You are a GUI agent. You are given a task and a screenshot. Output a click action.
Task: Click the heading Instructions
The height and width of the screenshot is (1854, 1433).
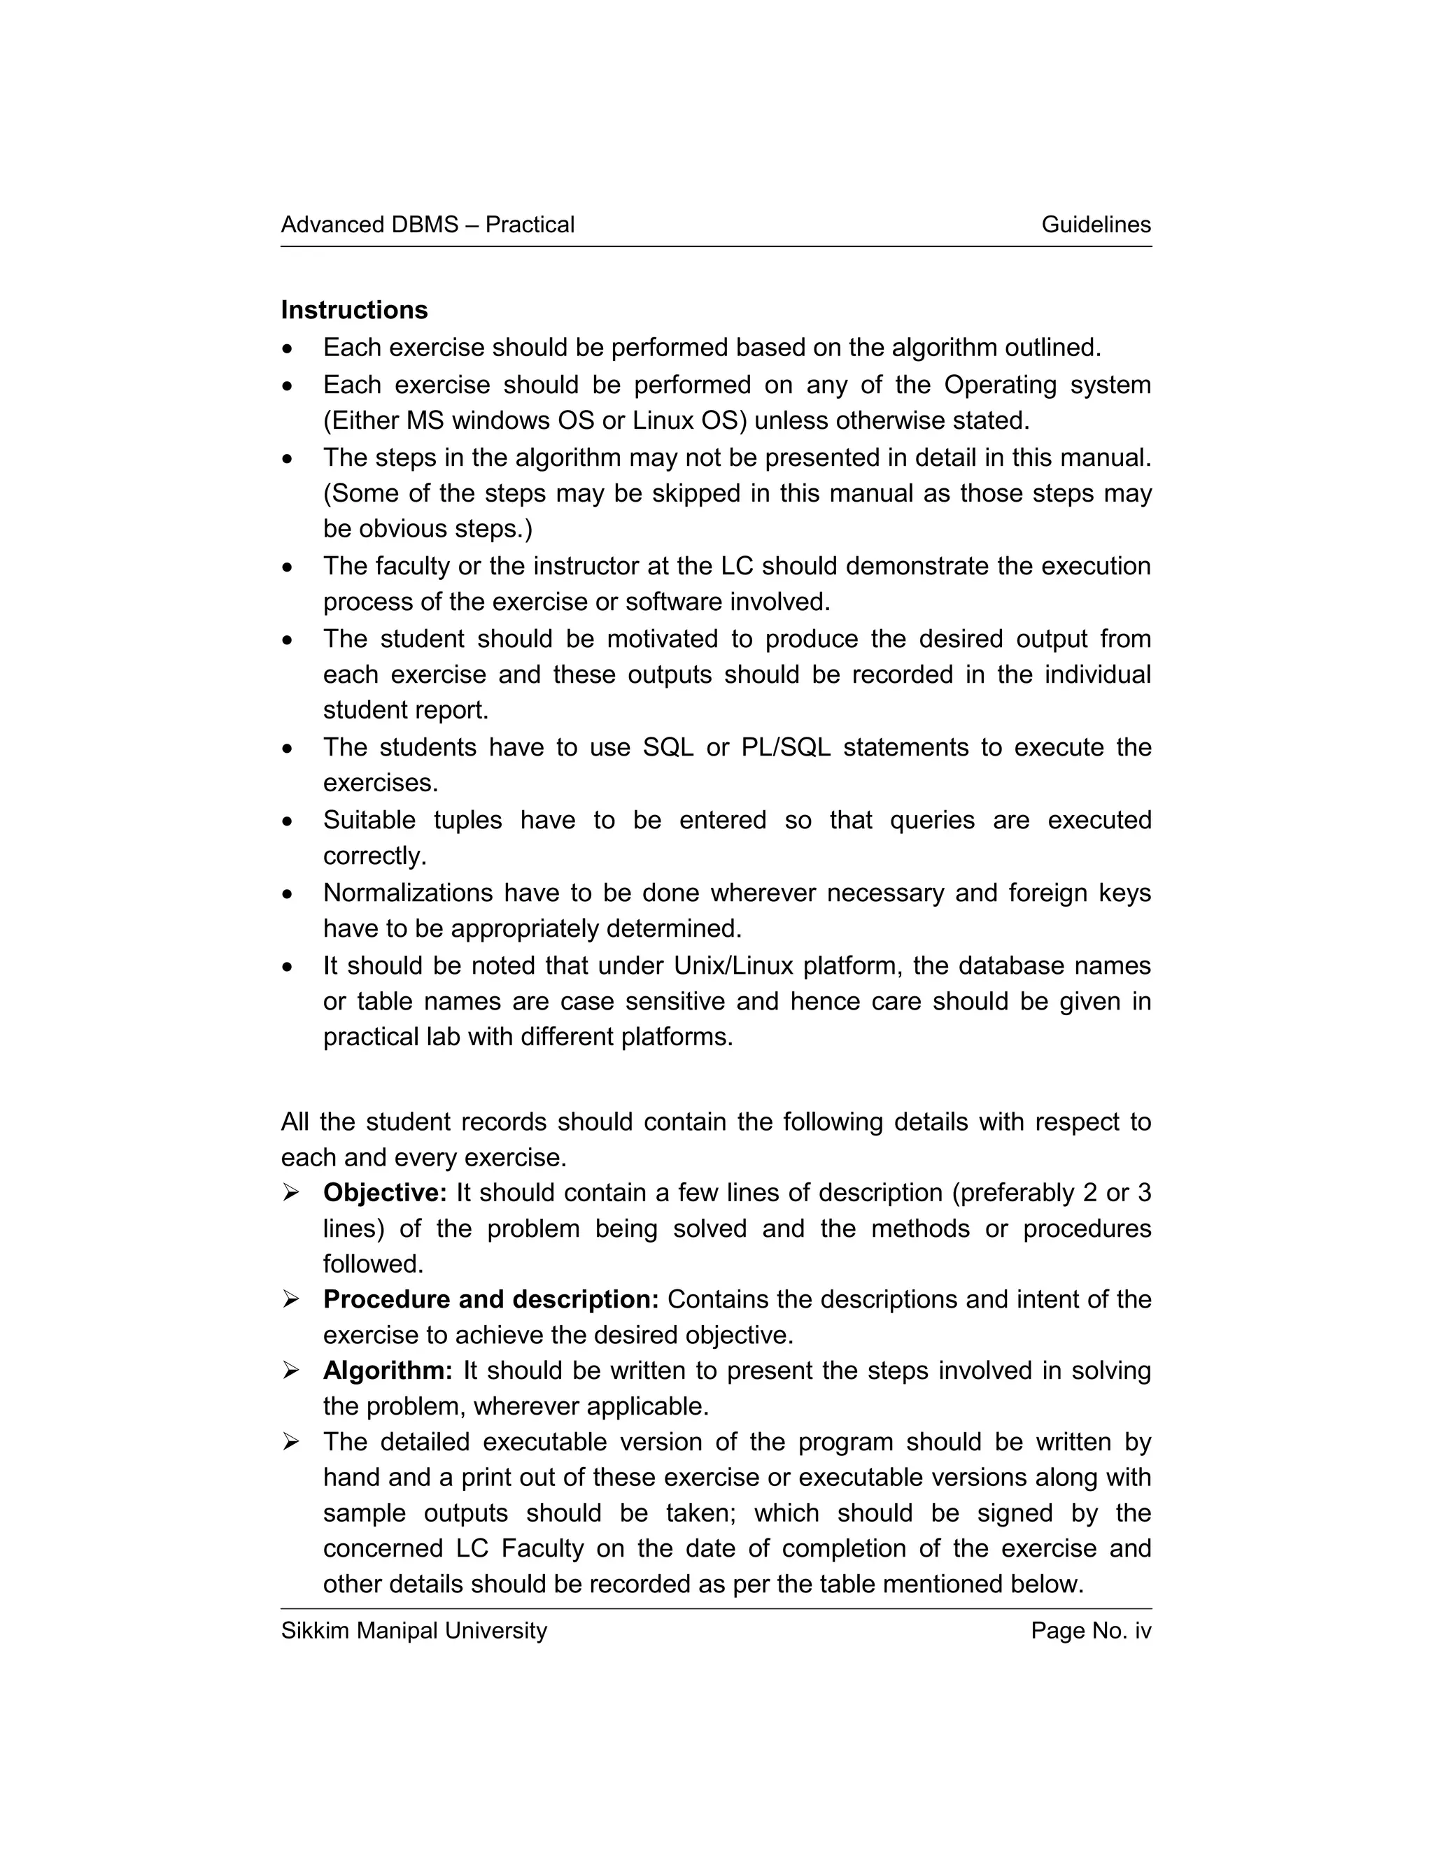354,310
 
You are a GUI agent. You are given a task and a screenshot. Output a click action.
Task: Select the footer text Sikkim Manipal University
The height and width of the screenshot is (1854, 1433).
414,1630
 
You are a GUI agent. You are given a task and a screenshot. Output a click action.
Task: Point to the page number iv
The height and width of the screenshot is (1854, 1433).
1142,1630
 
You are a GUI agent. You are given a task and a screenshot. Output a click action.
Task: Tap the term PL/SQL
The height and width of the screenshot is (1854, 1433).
785,747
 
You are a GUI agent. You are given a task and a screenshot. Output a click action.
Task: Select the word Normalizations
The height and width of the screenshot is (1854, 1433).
407,892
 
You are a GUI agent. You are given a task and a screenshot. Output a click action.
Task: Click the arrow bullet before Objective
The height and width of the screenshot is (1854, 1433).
291,1194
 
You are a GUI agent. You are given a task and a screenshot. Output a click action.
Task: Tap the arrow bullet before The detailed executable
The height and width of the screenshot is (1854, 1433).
291,1443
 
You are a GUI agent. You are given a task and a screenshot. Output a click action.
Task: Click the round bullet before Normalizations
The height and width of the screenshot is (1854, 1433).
289,894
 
